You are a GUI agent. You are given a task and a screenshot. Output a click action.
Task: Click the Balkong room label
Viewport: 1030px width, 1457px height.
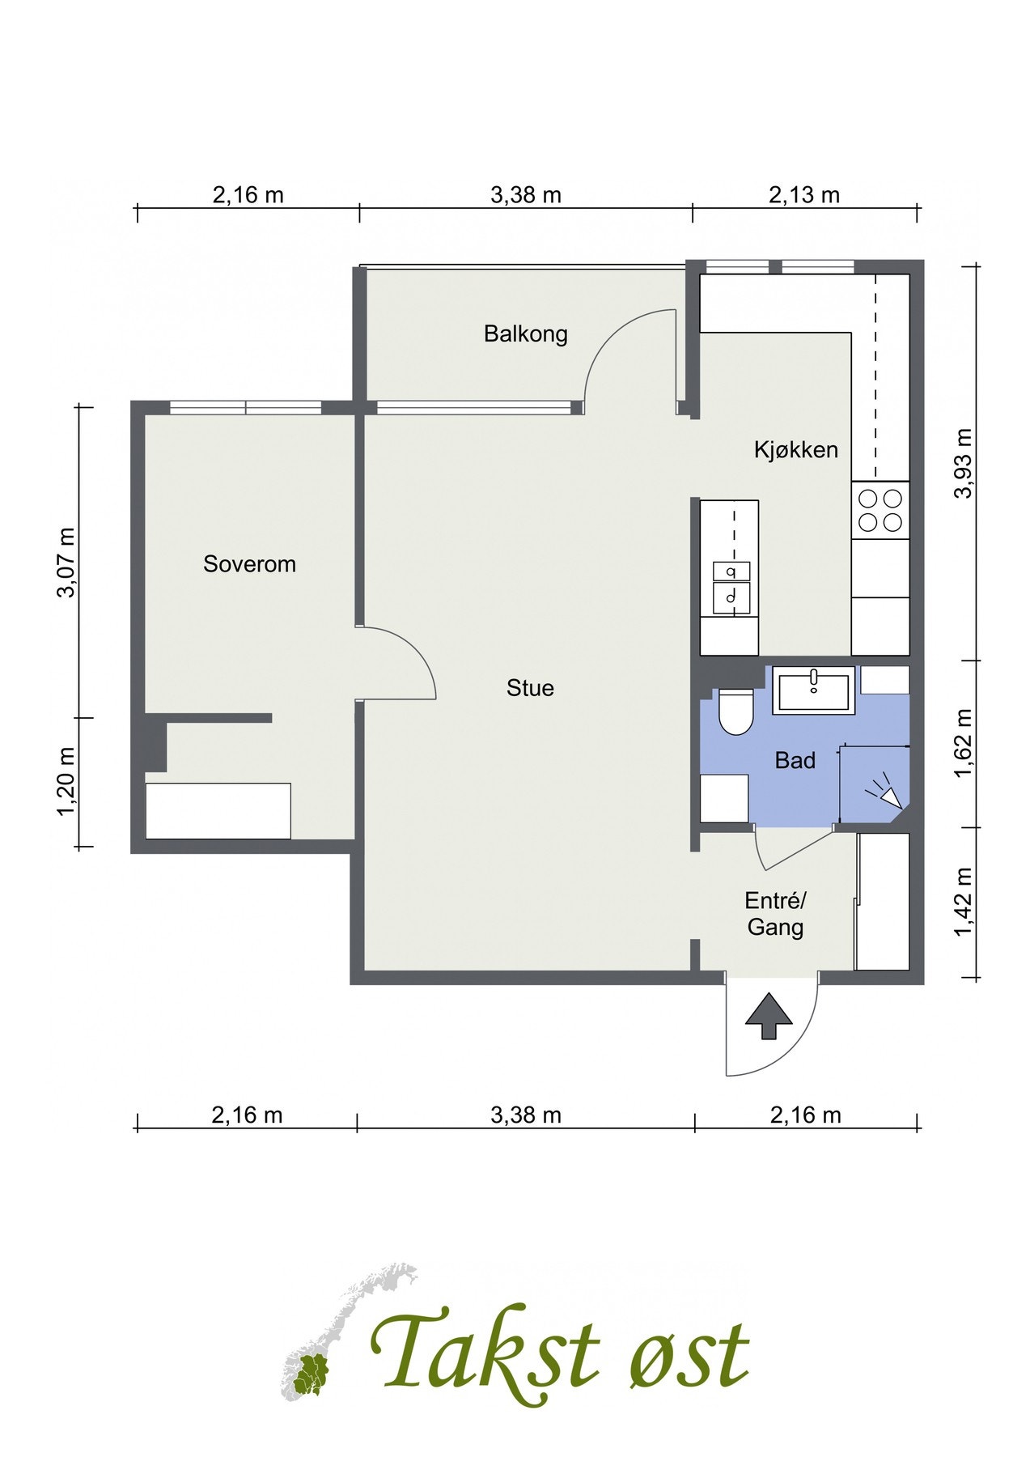pos(525,333)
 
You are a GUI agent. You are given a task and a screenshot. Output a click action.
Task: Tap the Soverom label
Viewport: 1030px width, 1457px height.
pos(249,564)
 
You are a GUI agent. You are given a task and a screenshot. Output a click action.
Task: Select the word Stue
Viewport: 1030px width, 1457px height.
pos(530,688)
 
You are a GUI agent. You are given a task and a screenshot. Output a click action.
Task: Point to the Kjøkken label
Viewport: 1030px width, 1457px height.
pos(796,450)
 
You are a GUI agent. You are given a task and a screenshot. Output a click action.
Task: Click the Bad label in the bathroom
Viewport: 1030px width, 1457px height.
pos(795,760)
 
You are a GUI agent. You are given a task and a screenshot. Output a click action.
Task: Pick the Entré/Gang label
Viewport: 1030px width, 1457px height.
pos(775,914)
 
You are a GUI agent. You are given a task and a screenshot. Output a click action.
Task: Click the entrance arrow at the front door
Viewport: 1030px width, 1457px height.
pos(768,1017)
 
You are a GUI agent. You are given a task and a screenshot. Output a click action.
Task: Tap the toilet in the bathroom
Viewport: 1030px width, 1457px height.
pos(735,712)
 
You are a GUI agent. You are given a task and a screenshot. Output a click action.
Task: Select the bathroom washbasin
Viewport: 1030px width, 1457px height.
pos(813,690)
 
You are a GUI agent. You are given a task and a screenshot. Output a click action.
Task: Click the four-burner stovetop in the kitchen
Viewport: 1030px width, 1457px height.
pos(880,510)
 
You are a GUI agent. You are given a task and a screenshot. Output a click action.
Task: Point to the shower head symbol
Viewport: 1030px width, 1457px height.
pos(885,792)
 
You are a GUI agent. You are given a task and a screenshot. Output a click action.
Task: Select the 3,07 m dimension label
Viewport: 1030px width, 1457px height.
pos(66,562)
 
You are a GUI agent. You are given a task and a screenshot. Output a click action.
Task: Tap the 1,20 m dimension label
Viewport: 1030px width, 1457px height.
pos(66,782)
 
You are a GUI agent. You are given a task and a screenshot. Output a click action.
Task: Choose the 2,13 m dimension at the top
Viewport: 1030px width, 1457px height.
pos(804,195)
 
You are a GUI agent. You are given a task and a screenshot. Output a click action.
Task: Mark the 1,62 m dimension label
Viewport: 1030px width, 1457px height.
pos(963,743)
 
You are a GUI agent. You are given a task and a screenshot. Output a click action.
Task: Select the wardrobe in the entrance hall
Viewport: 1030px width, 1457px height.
pos(882,901)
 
